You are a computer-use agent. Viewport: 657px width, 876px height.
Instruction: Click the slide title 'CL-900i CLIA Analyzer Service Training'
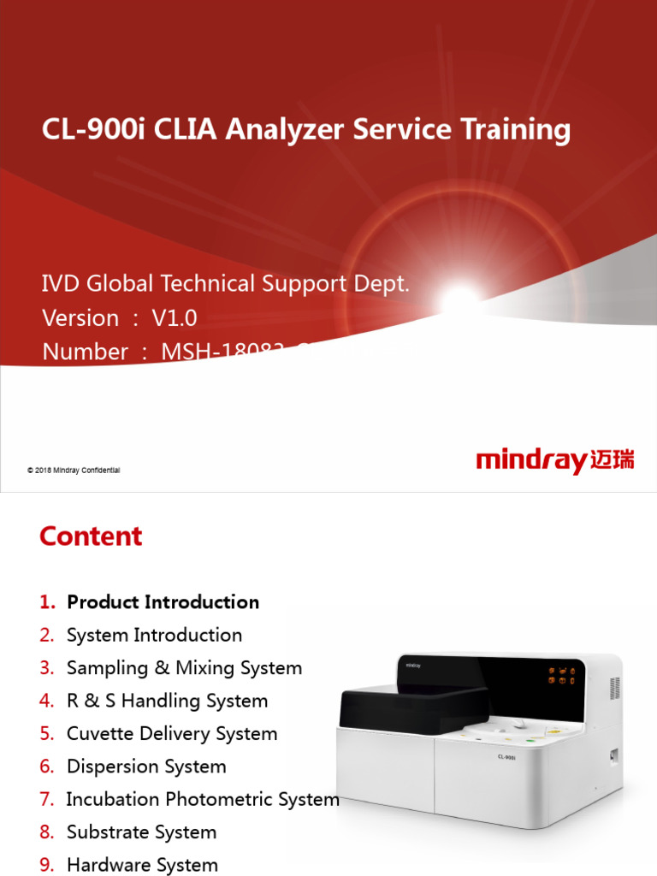coord(306,130)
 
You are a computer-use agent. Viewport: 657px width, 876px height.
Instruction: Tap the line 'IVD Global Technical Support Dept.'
coord(226,284)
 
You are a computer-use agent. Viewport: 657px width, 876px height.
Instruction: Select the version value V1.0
coord(175,318)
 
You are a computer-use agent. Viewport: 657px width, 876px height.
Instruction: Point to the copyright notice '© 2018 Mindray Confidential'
coord(74,471)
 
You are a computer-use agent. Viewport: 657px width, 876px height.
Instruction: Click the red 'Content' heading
coord(91,536)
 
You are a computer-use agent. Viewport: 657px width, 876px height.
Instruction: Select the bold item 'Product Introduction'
coord(163,602)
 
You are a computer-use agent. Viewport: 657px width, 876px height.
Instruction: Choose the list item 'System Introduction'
coord(154,635)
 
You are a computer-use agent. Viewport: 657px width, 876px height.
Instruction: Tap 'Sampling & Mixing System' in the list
coord(184,668)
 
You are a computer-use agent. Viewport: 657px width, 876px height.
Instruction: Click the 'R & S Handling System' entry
coord(167,701)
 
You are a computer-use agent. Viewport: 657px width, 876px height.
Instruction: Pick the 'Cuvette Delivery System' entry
coord(172,734)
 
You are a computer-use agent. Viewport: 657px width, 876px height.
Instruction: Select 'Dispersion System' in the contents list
coord(146,766)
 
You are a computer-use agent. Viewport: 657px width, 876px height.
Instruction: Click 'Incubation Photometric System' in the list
coord(203,799)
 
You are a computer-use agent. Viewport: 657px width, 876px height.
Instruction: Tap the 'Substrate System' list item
coord(141,832)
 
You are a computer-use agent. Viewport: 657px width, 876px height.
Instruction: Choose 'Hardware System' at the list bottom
coord(142,865)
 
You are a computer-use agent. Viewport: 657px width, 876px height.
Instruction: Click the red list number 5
coord(46,734)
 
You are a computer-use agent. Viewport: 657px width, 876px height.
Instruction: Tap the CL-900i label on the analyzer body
coord(506,757)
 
